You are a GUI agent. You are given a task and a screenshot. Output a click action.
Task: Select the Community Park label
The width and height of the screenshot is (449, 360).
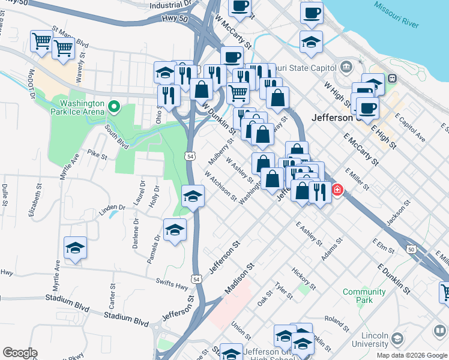364,295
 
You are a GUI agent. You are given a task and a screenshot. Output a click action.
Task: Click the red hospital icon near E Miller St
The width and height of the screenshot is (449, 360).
337,190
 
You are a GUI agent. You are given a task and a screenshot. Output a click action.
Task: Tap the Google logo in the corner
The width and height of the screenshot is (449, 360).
20,353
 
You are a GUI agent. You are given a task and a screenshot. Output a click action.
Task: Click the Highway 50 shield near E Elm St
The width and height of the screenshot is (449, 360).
411,248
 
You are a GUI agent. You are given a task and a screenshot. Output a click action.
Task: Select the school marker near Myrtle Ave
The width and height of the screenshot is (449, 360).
76,248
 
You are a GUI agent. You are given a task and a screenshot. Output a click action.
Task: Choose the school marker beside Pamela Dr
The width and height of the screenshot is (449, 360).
175,230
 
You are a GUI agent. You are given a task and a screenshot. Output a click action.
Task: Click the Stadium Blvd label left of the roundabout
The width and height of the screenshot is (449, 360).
126,317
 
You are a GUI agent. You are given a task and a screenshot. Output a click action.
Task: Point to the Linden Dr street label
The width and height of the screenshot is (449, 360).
112,208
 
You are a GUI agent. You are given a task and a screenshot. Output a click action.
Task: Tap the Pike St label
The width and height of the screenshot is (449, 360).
97,156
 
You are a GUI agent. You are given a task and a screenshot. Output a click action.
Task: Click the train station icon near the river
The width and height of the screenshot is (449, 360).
393,77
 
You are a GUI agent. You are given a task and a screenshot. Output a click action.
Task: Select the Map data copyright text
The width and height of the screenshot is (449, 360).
411,355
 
